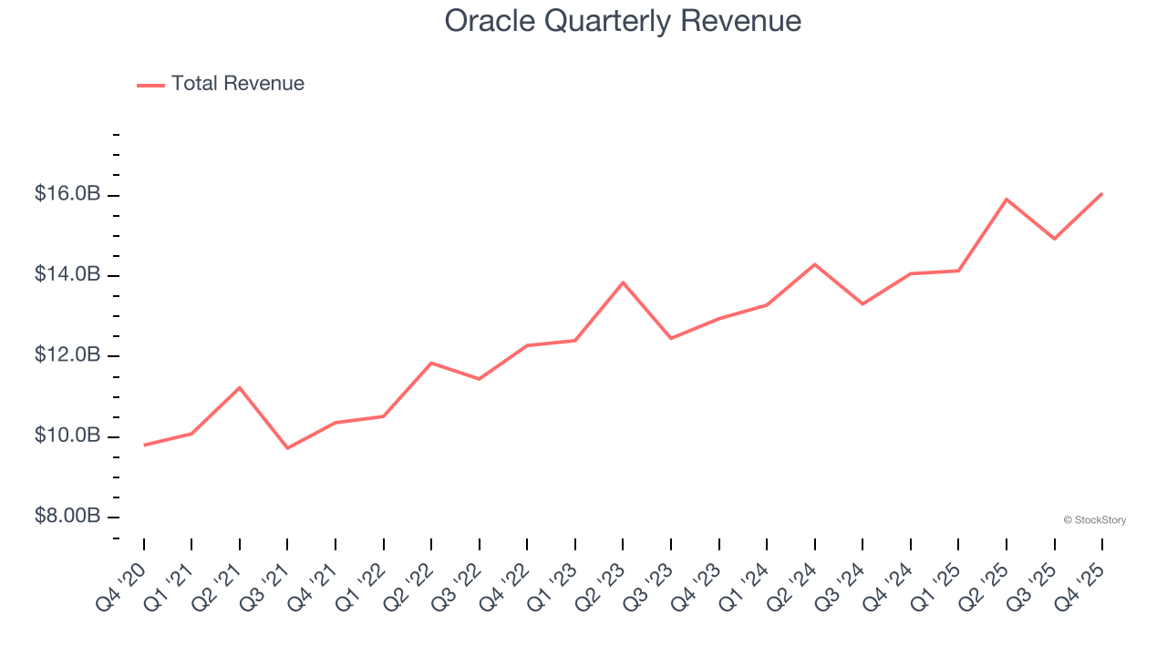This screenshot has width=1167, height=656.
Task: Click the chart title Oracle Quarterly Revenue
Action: click(623, 21)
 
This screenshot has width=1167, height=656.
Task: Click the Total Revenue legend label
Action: click(237, 84)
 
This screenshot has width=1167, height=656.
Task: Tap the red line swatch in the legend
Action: click(150, 85)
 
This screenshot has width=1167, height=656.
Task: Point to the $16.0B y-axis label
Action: click(67, 194)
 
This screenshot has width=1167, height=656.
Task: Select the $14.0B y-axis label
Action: click(67, 274)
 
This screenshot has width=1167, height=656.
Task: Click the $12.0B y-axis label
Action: click(67, 354)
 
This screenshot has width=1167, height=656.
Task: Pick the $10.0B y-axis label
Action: click(67, 436)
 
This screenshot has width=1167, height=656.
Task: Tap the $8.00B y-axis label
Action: click(67, 516)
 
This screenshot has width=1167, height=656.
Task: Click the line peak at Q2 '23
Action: click(623, 282)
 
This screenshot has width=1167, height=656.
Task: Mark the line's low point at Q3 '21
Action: click(287, 447)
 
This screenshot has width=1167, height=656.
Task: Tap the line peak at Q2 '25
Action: click(1007, 199)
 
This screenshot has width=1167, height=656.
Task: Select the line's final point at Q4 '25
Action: click(1102, 193)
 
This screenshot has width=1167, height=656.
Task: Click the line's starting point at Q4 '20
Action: click(144, 445)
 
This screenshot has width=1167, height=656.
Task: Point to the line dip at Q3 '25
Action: click(1055, 239)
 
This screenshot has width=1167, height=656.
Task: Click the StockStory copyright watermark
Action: click(1094, 520)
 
